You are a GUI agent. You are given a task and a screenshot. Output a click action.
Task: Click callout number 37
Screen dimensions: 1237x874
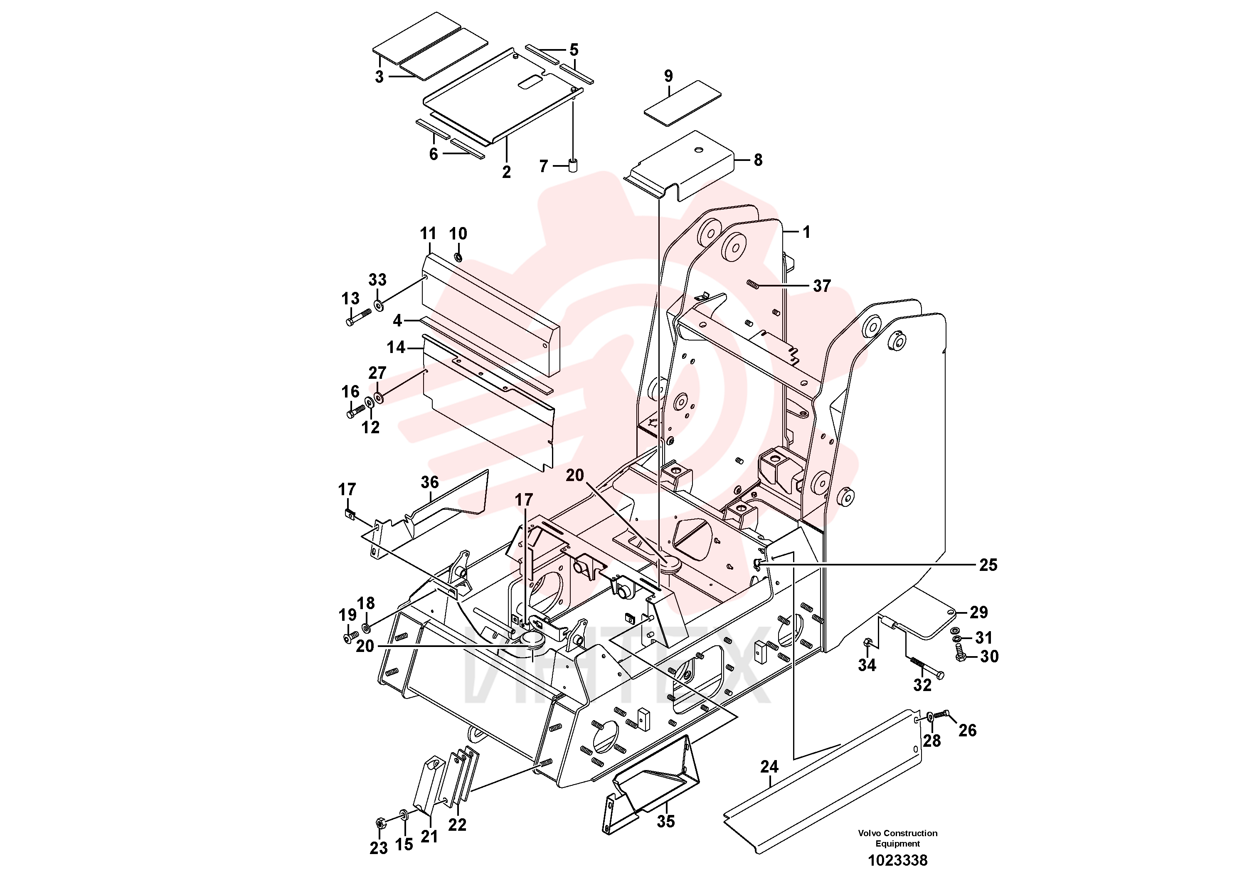tap(822, 286)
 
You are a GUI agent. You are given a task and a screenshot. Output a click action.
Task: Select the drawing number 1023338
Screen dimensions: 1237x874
tap(897, 859)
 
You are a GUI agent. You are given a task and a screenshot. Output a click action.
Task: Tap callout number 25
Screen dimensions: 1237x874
tap(988, 565)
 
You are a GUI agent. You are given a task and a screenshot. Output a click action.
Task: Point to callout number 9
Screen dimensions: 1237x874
tap(669, 76)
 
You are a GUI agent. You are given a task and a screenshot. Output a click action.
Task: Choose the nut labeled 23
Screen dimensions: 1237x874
tap(379, 824)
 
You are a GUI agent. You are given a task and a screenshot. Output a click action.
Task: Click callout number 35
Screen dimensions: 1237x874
tap(666, 821)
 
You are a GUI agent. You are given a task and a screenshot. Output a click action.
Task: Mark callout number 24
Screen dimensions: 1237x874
tap(769, 766)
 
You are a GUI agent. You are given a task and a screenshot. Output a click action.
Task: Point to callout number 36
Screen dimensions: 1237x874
tap(429, 482)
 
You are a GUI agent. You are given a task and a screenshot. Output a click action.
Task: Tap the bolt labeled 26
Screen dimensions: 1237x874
tap(939, 715)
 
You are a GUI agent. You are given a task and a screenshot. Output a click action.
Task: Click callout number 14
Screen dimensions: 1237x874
tap(396, 347)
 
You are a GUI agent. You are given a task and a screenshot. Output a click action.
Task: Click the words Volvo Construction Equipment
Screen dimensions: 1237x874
tap(897, 838)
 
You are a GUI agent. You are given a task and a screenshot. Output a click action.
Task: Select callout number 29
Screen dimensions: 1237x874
tap(978, 612)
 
